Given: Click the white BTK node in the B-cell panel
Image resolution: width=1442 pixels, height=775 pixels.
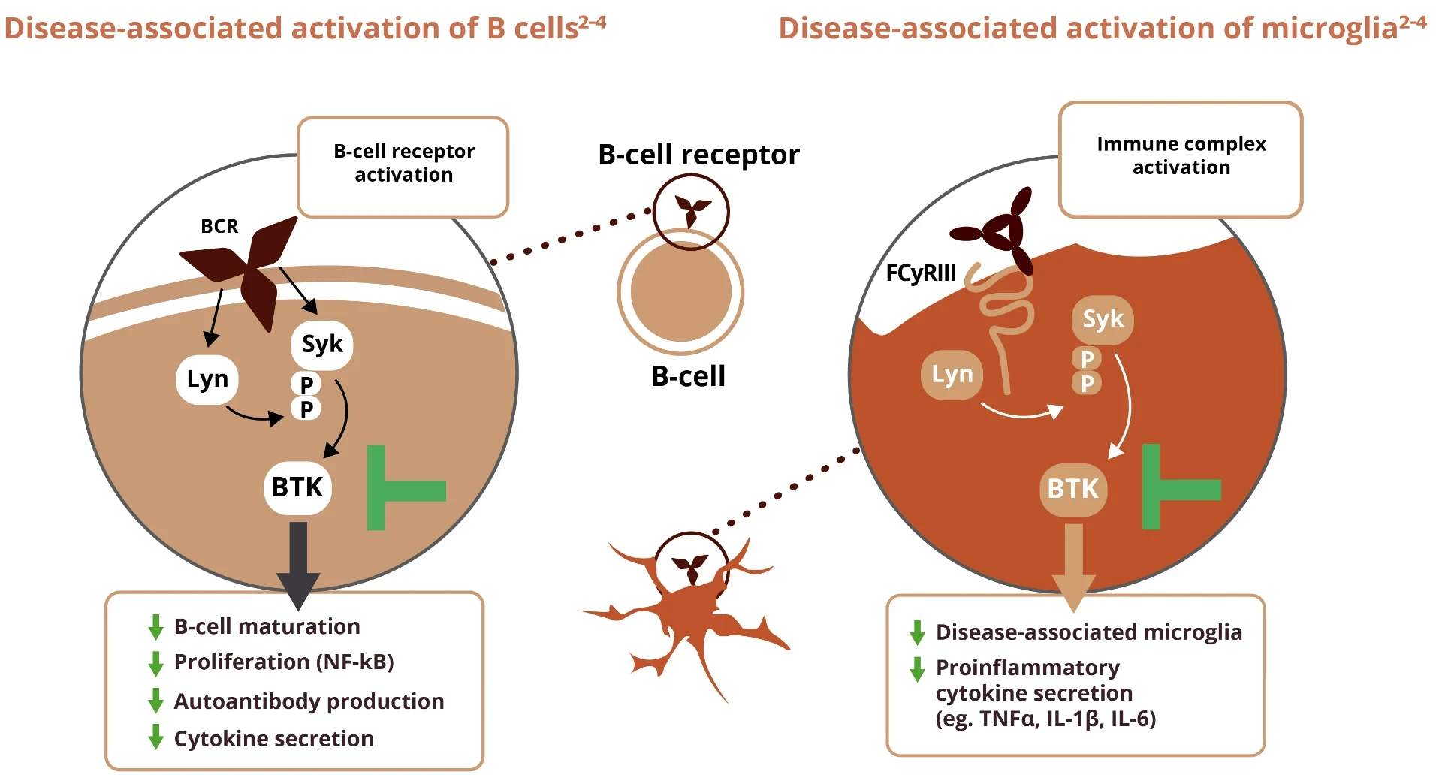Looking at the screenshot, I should (297, 488).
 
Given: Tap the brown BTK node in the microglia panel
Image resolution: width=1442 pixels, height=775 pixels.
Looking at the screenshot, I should (1073, 490).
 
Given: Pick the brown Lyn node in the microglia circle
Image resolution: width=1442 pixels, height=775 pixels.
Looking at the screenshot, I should (952, 375).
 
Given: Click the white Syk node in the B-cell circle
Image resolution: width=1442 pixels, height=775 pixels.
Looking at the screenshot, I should (322, 345).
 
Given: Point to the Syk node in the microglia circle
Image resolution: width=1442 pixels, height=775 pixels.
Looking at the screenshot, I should (1103, 320).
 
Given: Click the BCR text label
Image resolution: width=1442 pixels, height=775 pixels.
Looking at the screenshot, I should (219, 226).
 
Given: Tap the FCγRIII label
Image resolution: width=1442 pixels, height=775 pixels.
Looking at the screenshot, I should (921, 273).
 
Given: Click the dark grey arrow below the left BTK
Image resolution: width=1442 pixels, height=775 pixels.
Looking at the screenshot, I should (298, 564).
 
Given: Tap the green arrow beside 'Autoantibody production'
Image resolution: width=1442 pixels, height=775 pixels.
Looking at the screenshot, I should (156, 701).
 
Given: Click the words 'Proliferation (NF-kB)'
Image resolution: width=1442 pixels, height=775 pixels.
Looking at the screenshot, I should (284, 662).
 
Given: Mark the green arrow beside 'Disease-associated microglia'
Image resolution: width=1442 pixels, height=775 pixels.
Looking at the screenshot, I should (917, 632).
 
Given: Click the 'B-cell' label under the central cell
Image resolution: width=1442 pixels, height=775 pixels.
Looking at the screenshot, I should (688, 376).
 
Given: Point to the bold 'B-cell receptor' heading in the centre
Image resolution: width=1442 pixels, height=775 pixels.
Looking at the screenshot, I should (698, 155).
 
